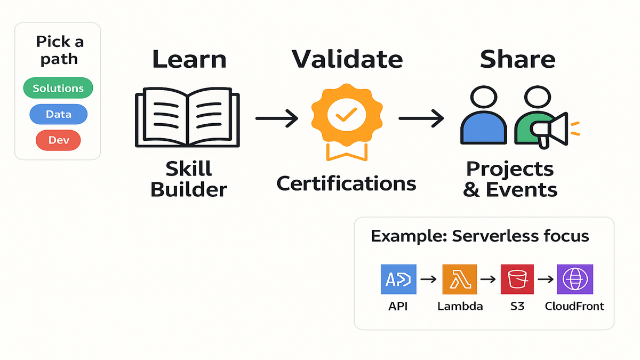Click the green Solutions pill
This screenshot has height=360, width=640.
click(58, 88)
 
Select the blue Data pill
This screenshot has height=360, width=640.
click(58, 114)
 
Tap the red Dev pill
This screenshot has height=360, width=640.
click(58, 140)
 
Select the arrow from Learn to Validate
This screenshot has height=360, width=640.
click(276, 118)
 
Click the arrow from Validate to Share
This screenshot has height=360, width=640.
click(421, 118)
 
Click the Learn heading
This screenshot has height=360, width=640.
click(189, 60)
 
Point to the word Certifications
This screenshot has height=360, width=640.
click(346, 183)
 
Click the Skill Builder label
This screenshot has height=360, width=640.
click(189, 179)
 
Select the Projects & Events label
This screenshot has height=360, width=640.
click(510, 179)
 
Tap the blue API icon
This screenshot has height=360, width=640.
click(398, 279)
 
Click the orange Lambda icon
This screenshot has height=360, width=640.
click(459, 279)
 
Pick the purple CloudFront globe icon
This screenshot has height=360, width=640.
click(575, 279)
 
